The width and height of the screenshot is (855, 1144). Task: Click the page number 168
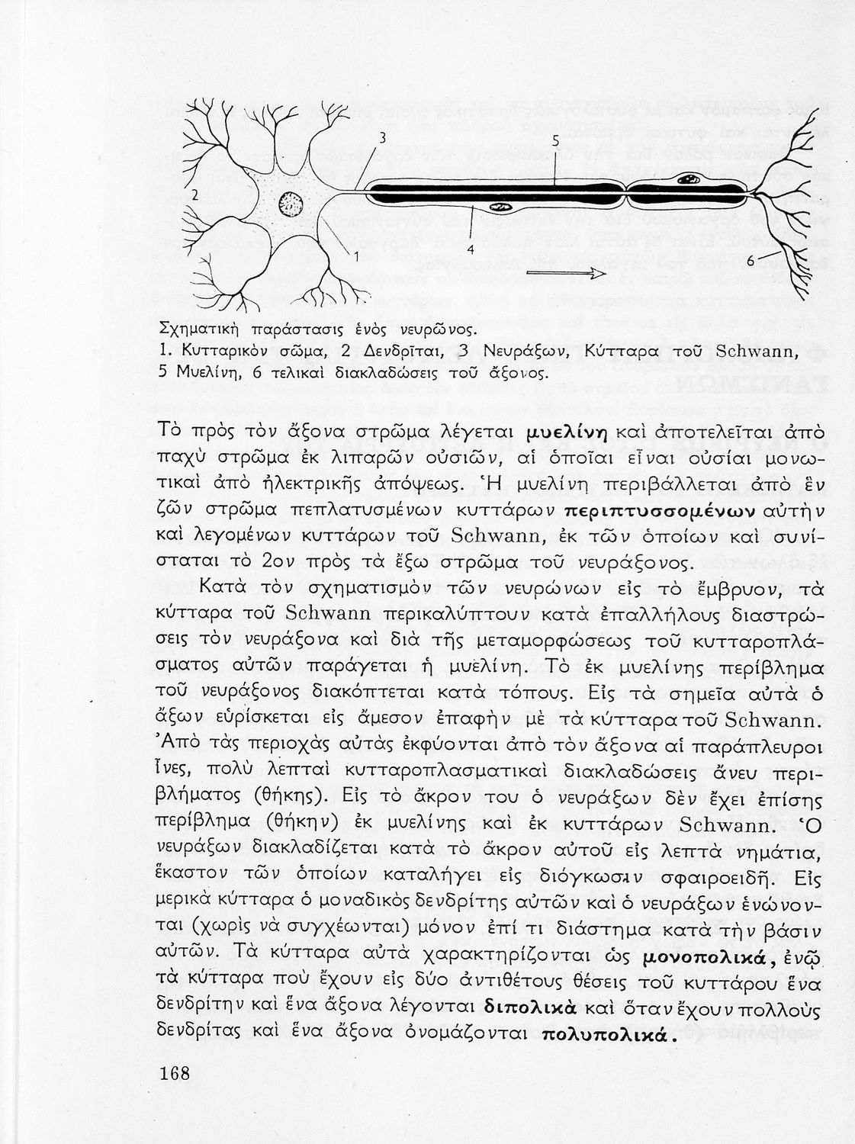pos(175,1074)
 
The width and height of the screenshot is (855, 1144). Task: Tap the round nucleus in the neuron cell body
pos(291,204)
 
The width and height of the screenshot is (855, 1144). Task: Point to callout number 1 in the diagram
pos(355,256)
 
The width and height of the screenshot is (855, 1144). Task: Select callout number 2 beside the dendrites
pos(194,194)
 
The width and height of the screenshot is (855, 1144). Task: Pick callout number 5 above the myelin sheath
pos(555,141)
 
